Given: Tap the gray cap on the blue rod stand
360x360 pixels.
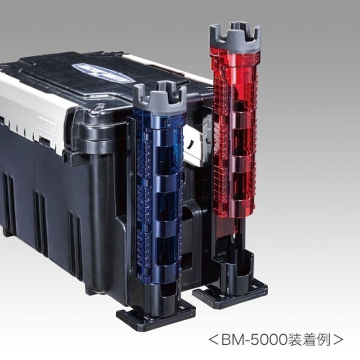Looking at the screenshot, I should tap(160, 99).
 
